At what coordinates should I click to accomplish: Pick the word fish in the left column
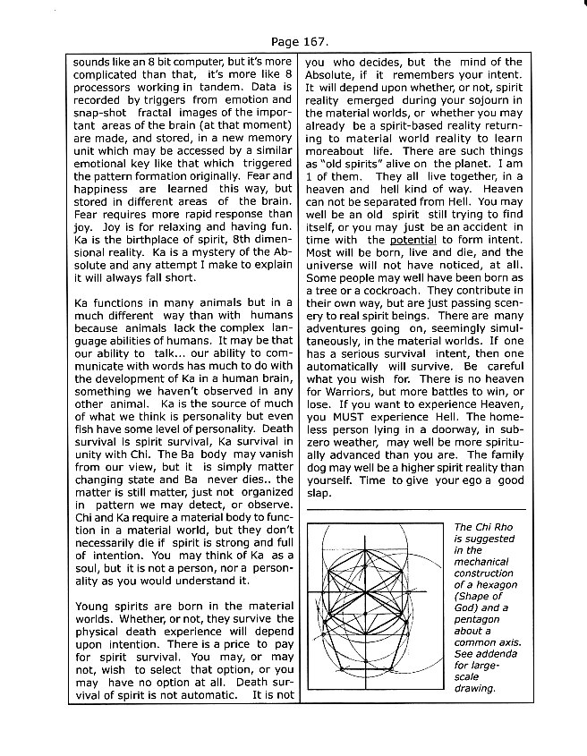coord(86,420)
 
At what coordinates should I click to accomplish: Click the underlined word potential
coord(411,240)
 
